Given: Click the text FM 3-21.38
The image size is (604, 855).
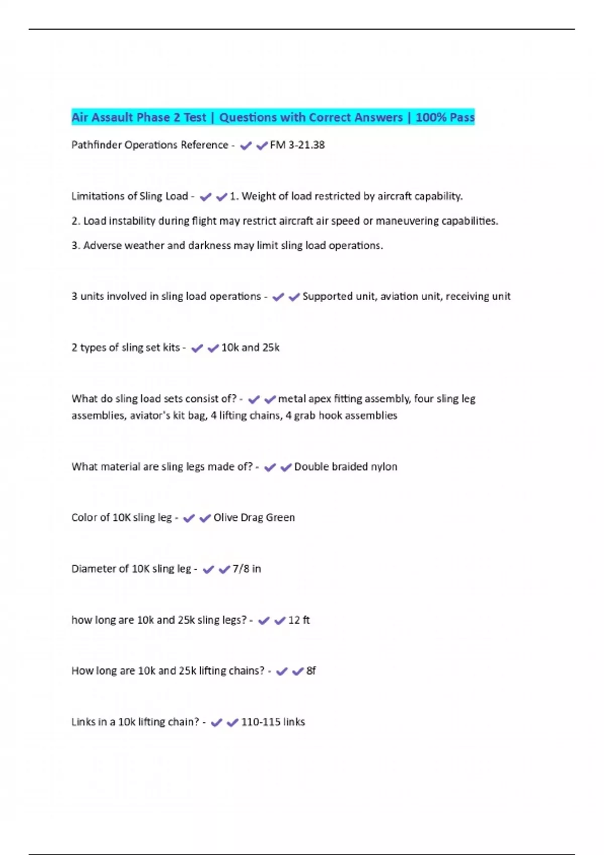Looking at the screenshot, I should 297,145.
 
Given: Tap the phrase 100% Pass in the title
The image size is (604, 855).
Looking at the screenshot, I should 445,117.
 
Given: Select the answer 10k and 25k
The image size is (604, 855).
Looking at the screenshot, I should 250,348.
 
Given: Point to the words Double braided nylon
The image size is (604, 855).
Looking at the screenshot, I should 345,467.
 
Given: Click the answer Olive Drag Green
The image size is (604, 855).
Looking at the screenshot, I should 254,518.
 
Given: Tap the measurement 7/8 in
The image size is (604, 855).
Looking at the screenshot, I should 247,569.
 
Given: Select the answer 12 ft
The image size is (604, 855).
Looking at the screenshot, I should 299,620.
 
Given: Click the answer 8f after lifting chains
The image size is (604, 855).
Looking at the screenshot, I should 311,671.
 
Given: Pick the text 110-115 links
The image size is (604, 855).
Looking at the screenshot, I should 273,722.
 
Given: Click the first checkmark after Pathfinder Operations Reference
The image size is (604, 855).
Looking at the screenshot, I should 246,146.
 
